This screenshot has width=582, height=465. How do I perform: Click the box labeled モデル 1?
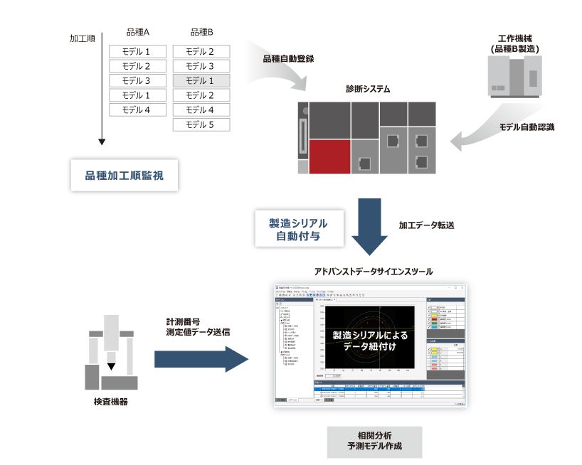[201, 80]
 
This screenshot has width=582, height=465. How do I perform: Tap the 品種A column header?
[137, 33]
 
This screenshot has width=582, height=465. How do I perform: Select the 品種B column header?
[201, 33]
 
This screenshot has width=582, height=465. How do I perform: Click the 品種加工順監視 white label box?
[124, 175]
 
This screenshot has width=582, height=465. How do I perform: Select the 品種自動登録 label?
[288, 58]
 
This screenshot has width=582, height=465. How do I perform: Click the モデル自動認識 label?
[527, 127]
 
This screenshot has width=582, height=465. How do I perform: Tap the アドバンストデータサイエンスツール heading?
[373, 272]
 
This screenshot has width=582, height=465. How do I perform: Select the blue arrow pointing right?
[201, 358]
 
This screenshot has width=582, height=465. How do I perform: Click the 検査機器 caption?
[111, 402]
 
